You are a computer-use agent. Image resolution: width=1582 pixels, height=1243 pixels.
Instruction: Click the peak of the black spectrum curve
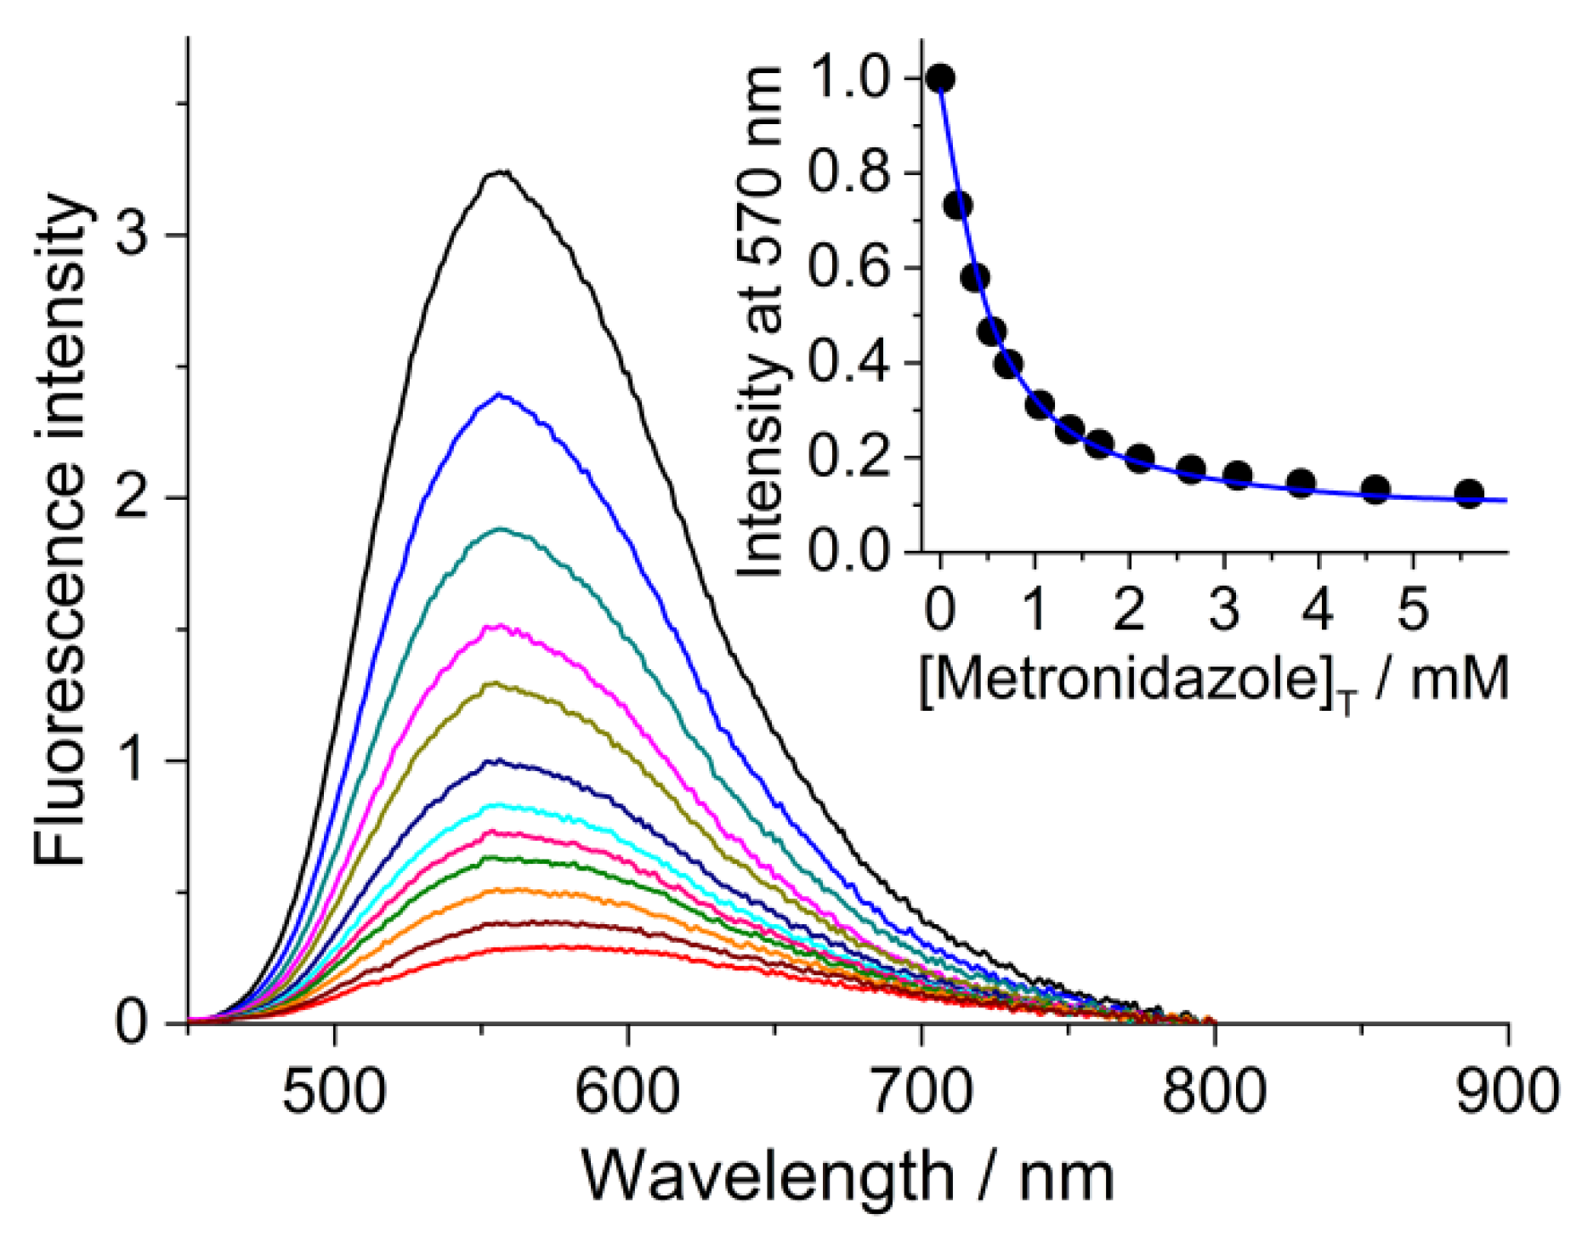point(502,172)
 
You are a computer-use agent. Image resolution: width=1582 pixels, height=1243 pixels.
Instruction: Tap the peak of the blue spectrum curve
point(500,395)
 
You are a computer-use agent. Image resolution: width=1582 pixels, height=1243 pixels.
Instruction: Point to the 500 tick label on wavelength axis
point(334,1091)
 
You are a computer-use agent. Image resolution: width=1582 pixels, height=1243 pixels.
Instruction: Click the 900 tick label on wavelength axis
point(1508,1091)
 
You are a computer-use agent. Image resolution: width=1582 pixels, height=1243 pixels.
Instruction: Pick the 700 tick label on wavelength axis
point(921,1091)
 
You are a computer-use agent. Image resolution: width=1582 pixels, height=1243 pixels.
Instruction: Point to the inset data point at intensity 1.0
point(940,79)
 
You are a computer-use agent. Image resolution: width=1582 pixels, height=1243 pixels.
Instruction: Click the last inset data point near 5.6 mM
point(1469,494)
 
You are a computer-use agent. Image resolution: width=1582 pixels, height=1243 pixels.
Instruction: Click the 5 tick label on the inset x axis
point(1413,610)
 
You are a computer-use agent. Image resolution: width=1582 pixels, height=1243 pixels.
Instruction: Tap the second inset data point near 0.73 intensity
point(958,205)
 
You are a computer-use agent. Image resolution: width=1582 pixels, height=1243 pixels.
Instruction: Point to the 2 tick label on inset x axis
point(1129,610)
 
